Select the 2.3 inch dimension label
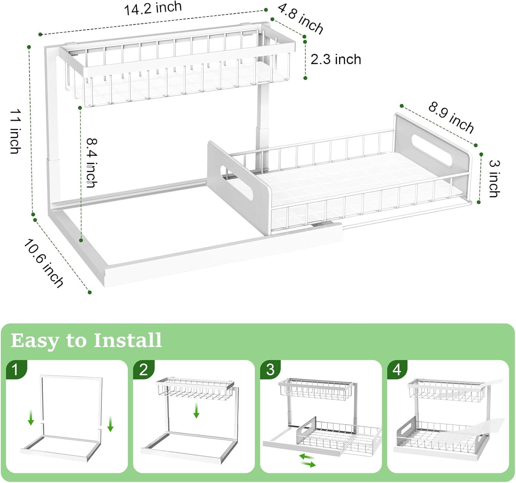(336, 59)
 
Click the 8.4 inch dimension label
(92, 163)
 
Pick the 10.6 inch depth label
(44, 263)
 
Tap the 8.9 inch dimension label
(451, 117)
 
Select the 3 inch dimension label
(494, 178)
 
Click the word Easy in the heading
(35, 341)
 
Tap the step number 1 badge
(15, 369)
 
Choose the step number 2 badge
(143, 369)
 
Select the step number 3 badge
(270, 369)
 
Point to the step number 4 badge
(397, 369)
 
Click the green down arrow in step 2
(196, 411)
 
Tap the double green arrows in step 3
(307, 461)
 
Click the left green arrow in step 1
(31, 418)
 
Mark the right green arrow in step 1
(110, 424)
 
